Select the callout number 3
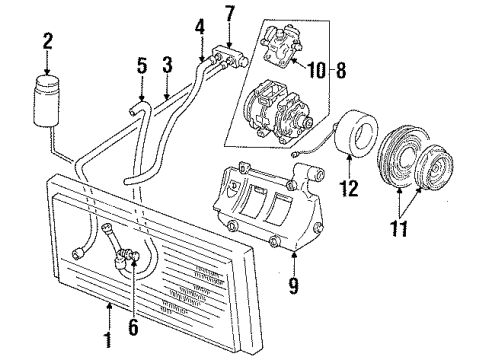click(168, 65)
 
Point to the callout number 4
click(200, 26)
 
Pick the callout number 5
click(142, 66)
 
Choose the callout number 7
click(231, 14)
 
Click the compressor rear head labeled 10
click(279, 45)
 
